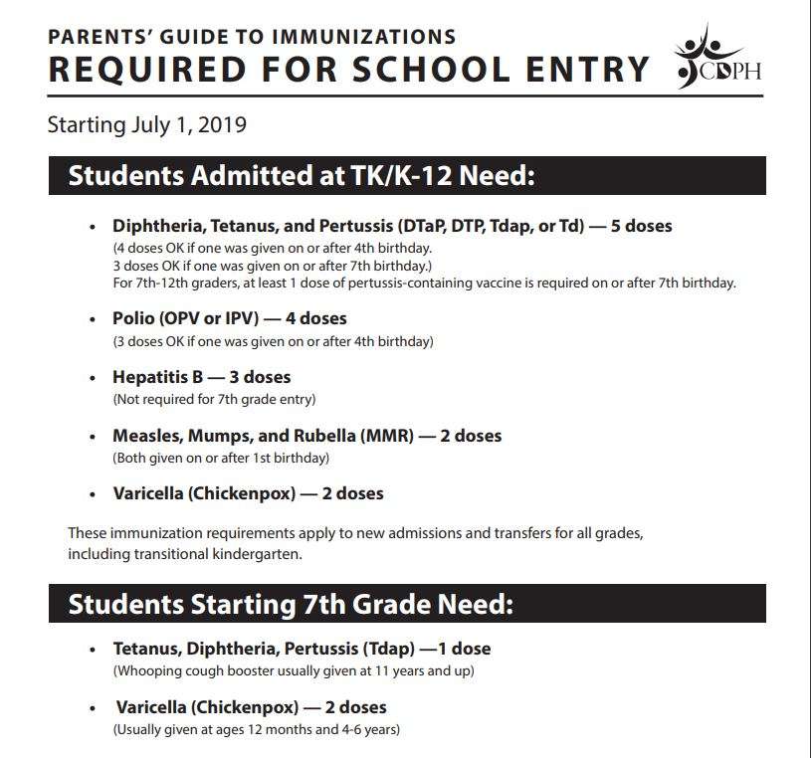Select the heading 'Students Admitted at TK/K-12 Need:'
tap(302, 176)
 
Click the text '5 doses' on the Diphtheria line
tap(641, 226)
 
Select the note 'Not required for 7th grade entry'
tap(214, 400)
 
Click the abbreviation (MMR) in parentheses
tap(382, 436)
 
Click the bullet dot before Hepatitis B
tap(94, 379)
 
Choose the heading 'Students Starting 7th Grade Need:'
tap(291, 604)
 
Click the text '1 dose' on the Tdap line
tap(463, 649)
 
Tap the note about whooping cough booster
tap(294, 670)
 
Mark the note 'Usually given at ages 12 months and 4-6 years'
tap(257, 730)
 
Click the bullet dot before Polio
tap(94, 320)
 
